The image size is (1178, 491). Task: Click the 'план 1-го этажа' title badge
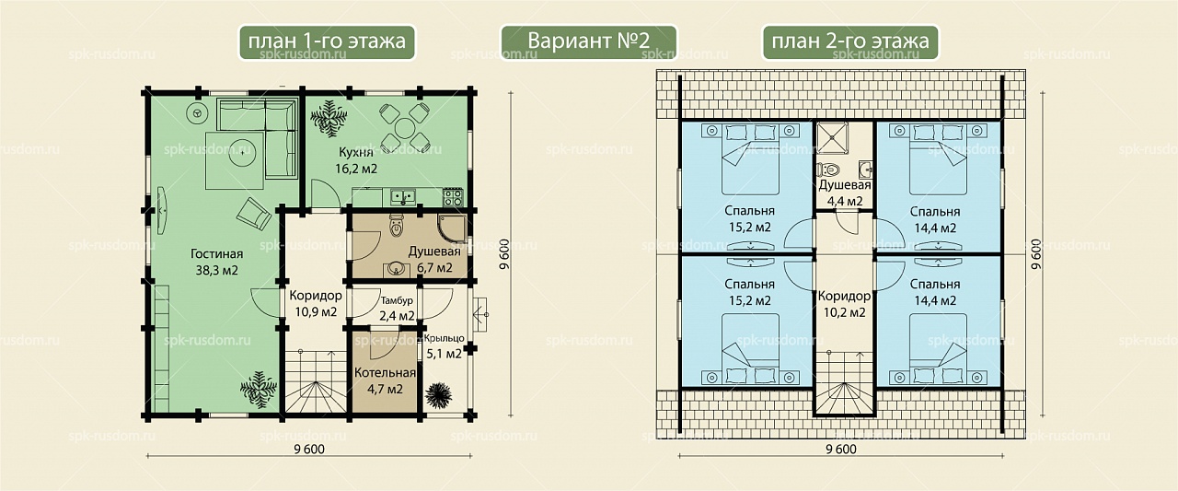327,42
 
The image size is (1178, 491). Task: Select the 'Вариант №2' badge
588,42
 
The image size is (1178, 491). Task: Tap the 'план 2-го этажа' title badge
850,42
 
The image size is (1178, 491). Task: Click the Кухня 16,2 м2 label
356,160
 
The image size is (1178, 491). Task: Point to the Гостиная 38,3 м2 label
216,262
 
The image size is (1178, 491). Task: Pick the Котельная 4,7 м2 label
385,381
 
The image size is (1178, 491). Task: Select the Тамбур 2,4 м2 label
397,309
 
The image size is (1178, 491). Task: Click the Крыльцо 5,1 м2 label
444,346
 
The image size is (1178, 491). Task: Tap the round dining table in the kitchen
405,127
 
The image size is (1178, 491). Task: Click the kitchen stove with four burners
453,198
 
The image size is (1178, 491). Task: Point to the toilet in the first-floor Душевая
396,226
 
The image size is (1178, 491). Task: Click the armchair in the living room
254,214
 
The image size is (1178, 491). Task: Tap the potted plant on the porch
438,395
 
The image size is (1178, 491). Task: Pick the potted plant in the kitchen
329,119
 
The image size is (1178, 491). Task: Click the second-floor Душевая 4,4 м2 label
845,193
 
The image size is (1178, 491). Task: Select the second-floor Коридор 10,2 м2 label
844,304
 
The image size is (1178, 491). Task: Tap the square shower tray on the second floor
831,138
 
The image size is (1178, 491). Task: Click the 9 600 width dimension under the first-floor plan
309,450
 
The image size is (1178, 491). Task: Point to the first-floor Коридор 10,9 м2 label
316,304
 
